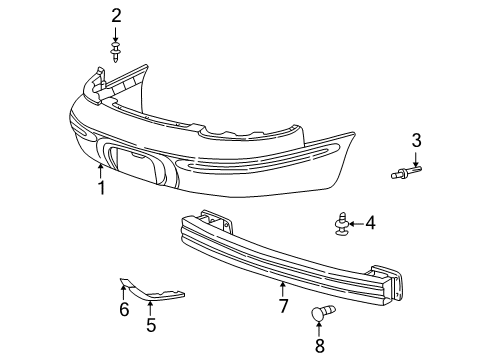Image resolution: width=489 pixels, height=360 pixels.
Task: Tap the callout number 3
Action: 416,139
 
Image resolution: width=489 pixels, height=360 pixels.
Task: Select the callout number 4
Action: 370,223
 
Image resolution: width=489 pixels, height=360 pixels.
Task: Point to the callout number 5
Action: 150,325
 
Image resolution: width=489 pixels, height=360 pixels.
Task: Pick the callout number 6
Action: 124,310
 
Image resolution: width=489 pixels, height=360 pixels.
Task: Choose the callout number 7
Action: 283,304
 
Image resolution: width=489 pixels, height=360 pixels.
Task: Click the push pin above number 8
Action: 320,314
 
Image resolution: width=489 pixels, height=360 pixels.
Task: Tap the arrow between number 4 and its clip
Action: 357,223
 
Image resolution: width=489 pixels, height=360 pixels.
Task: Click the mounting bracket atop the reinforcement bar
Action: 211,220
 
